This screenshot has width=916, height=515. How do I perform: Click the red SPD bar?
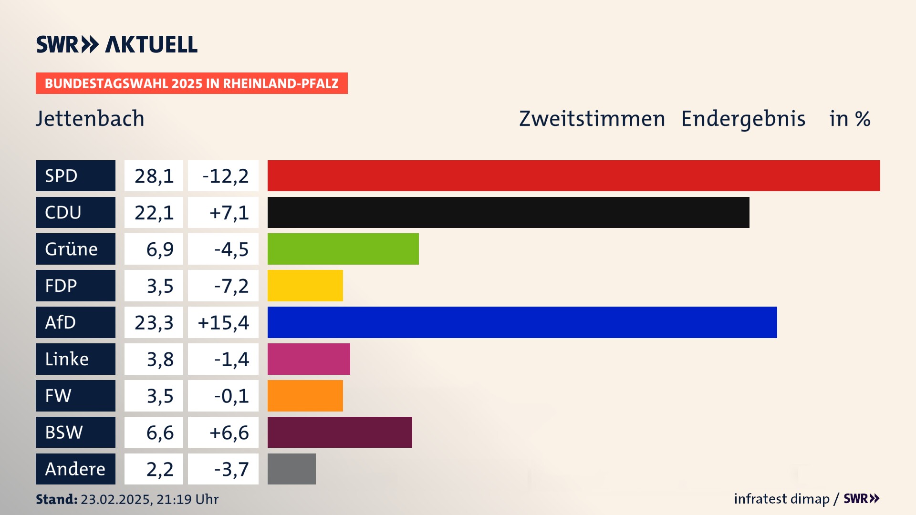(573, 175)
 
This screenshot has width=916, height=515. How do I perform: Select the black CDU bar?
(508, 212)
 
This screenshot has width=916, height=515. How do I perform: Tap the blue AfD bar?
(522, 322)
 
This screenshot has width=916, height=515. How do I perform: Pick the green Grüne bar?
(343, 249)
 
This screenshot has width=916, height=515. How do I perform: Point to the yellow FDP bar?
(305, 286)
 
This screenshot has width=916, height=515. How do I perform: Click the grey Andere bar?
(291, 469)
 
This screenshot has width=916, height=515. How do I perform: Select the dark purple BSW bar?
(340, 432)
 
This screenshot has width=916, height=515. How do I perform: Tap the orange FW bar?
(305, 396)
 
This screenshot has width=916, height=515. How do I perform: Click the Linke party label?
(75, 359)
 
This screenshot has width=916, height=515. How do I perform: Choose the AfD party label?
(75, 322)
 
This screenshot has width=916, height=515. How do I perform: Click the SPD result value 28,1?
(154, 176)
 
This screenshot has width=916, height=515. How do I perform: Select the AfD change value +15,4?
(223, 323)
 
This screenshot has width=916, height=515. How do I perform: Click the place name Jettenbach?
(90, 119)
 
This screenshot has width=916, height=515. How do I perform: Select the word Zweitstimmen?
(592, 119)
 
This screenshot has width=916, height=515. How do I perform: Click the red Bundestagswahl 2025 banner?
(191, 83)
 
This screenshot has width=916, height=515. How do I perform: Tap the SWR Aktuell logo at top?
(116, 44)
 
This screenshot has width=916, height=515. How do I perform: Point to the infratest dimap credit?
(781, 499)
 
